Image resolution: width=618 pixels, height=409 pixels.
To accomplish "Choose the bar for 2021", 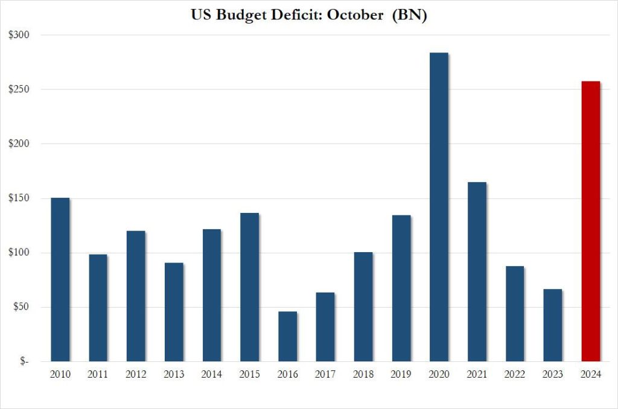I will (x=477, y=271).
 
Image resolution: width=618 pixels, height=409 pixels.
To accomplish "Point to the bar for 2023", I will (x=552, y=325).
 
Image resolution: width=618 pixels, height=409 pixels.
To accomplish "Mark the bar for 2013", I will (x=174, y=312).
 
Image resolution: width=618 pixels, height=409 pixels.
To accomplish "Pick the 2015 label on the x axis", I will (x=249, y=375).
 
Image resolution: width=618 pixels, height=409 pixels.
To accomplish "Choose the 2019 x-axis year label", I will (x=401, y=375).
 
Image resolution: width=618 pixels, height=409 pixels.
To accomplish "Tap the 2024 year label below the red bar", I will (x=590, y=375).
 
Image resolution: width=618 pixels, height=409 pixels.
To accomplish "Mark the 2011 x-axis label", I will (x=98, y=375).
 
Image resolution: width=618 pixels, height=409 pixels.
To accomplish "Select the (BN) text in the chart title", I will (x=409, y=16).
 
